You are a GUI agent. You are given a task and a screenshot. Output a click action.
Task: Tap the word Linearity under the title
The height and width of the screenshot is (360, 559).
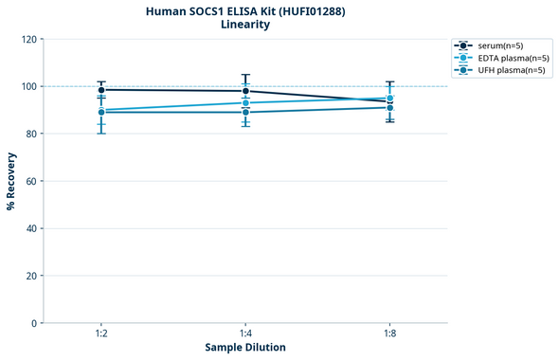(x=245, y=25)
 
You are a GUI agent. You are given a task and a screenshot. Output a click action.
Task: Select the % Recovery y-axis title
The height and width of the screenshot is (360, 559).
(x=11, y=181)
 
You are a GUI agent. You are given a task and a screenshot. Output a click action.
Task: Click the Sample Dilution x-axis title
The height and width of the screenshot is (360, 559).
(x=245, y=347)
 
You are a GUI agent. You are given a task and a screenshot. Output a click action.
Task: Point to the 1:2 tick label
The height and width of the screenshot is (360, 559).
(x=100, y=334)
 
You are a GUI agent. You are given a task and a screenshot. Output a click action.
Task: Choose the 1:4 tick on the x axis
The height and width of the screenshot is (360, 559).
(x=245, y=334)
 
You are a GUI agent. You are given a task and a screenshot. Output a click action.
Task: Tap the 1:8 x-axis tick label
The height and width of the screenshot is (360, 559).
(x=390, y=334)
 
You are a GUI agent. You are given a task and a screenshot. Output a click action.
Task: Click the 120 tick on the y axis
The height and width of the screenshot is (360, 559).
(x=28, y=39)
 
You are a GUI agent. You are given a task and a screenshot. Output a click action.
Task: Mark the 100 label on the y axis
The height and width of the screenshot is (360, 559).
(x=28, y=86)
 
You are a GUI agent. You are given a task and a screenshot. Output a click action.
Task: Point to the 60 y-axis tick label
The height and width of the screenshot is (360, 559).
(x=31, y=181)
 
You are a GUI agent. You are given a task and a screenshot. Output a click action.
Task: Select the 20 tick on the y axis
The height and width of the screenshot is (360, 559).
(x=31, y=276)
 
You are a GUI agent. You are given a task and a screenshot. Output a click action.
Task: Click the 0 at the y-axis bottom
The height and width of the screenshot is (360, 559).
(x=34, y=323)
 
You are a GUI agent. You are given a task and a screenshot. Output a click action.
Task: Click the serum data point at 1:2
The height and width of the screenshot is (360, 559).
(x=101, y=90)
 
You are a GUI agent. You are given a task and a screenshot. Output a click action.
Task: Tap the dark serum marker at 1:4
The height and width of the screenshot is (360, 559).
(x=245, y=91)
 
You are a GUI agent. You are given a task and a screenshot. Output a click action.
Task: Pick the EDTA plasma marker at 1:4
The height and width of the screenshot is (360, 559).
(x=245, y=102)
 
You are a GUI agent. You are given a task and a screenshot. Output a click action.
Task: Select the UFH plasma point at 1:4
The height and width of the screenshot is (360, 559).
(x=245, y=113)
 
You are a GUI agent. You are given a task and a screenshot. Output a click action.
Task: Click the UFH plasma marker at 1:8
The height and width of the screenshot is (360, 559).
(x=390, y=108)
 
